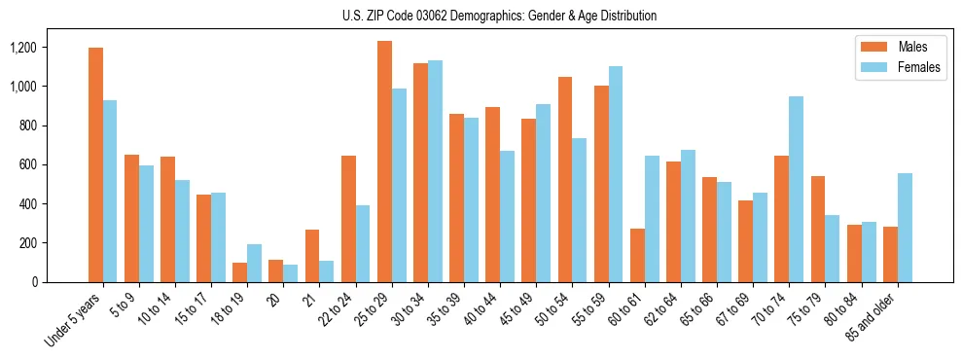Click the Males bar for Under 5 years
95,164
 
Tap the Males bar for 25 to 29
384,162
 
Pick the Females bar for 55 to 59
616,174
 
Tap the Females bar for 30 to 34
435,171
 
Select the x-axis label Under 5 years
73,317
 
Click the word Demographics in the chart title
457,16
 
